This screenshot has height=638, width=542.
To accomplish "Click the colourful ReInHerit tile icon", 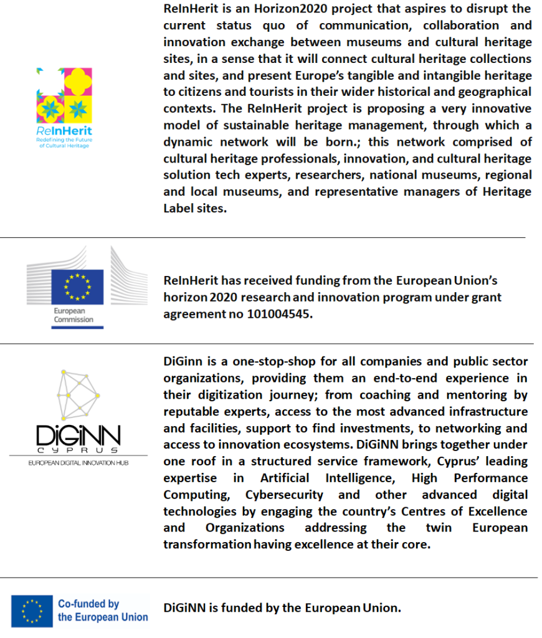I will click(x=64, y=94).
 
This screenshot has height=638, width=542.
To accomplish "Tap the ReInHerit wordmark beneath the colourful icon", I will click(x=64, y=131).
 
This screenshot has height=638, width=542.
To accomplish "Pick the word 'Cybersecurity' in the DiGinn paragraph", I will click(x=284, y=495).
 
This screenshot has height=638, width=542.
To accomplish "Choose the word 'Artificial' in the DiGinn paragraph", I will click(x=284, y=478).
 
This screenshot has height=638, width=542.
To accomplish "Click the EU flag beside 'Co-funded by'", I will click(x=31, y=609).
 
